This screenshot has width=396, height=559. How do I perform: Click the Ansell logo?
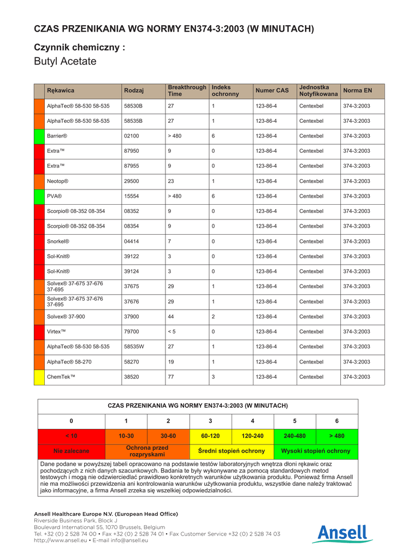pos(342,533)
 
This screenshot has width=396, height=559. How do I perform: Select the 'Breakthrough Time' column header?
pos(187,91)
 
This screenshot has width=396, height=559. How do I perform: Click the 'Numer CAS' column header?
pos(271,91)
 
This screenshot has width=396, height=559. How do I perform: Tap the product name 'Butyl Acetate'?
pos(65,61)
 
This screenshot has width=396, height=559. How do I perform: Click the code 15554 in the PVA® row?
pos(132,196)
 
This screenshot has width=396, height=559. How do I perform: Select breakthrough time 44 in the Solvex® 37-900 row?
pos(171,317)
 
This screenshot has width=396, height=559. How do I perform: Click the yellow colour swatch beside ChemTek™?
pos(39,377)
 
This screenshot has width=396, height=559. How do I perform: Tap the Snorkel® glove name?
pos(58,241)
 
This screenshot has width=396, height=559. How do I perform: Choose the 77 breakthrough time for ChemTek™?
pos(171,377)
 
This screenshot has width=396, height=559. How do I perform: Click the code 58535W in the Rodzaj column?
pos(134,347)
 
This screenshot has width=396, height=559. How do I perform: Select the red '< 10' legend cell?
pos(71,436)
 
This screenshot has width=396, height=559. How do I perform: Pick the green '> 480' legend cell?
pos(337,436)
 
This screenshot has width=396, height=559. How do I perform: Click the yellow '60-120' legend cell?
pos(210,436)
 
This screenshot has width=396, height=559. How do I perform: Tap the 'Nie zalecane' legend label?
pos(71,451)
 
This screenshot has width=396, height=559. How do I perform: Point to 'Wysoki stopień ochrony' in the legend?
pos(316,451)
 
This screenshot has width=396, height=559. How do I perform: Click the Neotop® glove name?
pos(57,181)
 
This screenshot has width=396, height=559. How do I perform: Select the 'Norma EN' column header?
pos(357,91)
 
